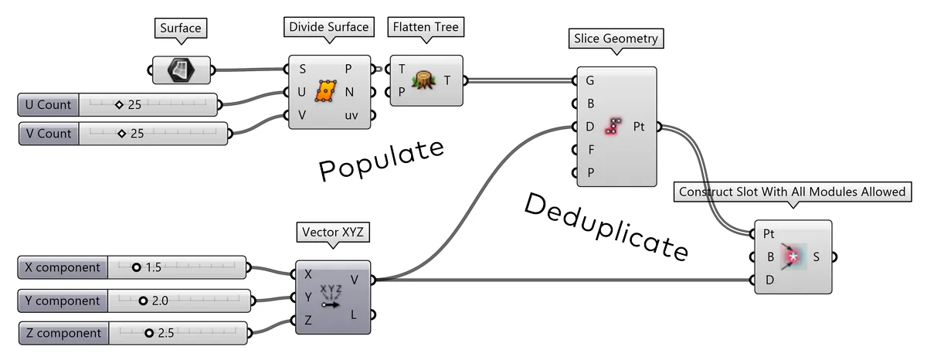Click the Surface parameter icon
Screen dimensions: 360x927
coord(179,70)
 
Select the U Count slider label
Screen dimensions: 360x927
coord(48,105)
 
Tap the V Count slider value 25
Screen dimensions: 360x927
coord(138,134)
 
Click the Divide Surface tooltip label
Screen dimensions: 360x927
coord(329,28)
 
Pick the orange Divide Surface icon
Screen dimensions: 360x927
coord(325,92)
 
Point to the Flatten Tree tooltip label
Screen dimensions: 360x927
coord(426,28)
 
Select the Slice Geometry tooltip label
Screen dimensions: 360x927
coord(616,37)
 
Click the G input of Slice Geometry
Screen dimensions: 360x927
coord(590,80)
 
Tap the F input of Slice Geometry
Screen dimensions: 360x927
coord(590,149)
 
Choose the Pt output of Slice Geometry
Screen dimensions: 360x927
coord(640,126)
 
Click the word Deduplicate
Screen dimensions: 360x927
coord(605,226)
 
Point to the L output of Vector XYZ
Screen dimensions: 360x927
coord(354,314)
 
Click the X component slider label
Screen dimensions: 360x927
coord(63,268)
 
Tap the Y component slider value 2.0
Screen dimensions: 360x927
coord(160,301)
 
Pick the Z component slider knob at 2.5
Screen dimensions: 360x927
coord(148,334)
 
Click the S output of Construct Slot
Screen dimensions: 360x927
coord(817,256)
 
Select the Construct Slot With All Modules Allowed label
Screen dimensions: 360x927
coord(791,192)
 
